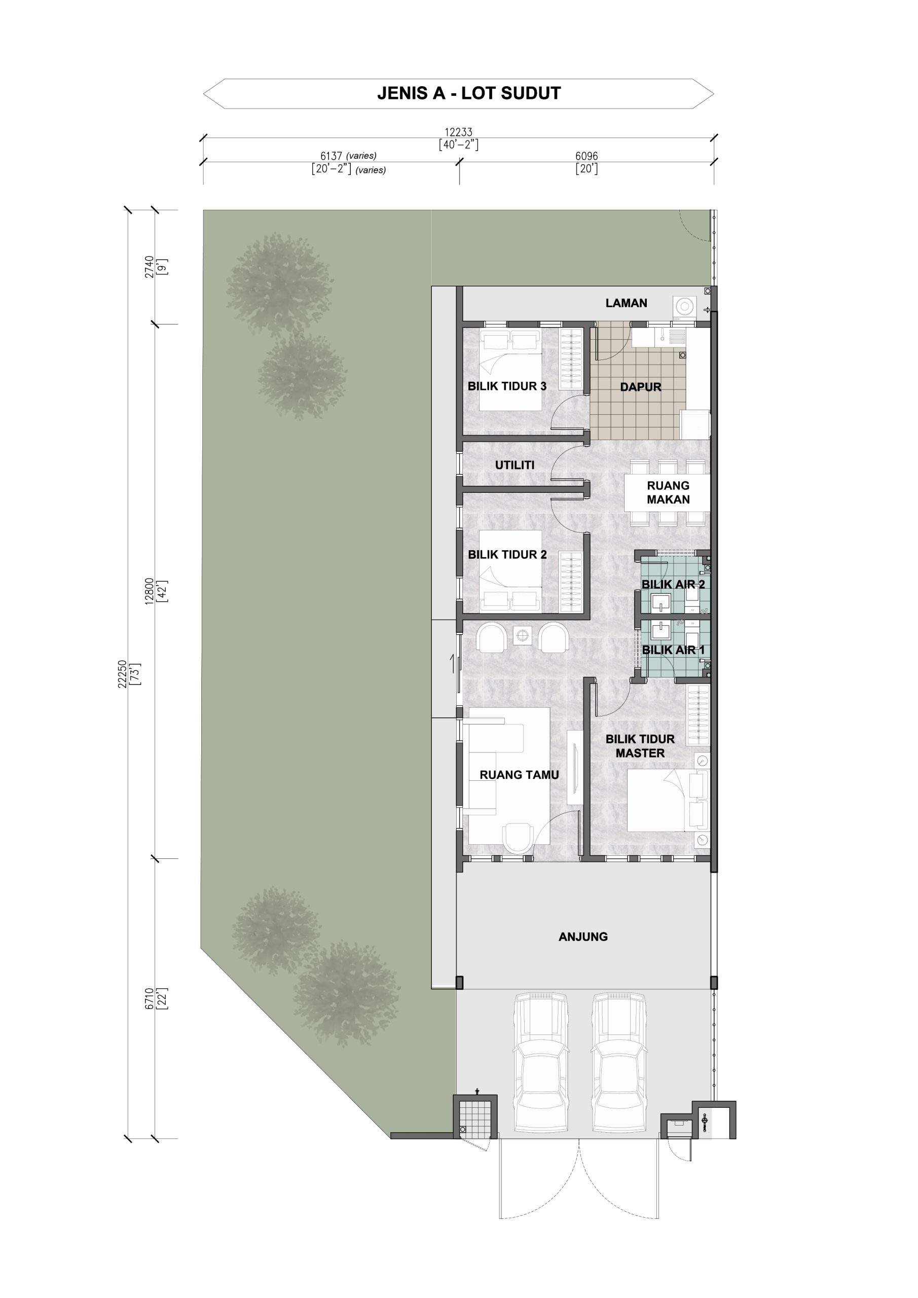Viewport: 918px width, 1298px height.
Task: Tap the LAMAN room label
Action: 627,303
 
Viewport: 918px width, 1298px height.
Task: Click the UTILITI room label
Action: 515,465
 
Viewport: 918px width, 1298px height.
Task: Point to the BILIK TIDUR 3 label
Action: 507,386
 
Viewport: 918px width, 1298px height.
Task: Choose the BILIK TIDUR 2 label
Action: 507,555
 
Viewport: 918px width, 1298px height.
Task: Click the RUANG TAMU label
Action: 519,775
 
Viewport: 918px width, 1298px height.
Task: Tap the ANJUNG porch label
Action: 583,937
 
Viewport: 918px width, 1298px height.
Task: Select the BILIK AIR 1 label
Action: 673,650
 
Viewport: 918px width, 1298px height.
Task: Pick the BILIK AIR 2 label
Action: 673,585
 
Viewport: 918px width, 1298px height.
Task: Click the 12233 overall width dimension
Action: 458,132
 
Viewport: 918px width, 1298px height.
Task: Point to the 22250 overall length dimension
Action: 122,674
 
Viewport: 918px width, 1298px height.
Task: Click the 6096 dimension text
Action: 587,156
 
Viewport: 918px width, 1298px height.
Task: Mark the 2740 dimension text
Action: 149,267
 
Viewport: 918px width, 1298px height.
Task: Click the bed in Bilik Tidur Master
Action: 667,801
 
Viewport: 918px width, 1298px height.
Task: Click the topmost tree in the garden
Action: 279,284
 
